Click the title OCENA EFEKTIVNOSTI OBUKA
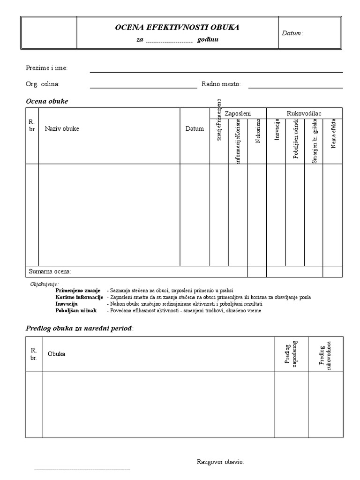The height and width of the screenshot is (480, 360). (x=177, y=28)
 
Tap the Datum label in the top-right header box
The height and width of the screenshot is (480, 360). (x=292, y=33)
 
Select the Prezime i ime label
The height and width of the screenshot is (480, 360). (x=46, y=68)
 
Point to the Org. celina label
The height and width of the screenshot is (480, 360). (x=43, y=84)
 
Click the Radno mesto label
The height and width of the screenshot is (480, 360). (x=221, y=84)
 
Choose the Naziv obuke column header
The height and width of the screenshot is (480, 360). (x=62, y=129)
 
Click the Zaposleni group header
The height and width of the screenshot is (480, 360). (x=238, y=113)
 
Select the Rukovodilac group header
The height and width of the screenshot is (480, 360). (x=304, y=113)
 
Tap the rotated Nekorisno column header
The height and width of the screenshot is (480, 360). (x=257, y=133)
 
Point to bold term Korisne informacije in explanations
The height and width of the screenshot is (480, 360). (x=79, y=297)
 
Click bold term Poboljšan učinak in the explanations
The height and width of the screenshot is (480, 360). (x=76, y=310)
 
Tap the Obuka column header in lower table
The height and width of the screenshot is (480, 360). (x=56, y=354)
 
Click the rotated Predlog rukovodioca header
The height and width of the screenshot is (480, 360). (x=325, y=355)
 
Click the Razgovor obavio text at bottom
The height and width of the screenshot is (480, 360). (x=220, y=462)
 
